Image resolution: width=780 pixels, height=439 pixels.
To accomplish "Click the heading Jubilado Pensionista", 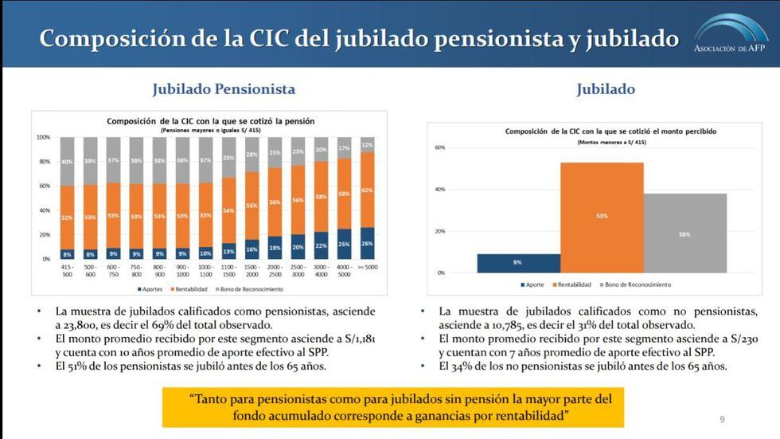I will pos(224,89).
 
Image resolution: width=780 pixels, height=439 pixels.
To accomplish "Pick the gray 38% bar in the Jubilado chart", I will pos(684,233).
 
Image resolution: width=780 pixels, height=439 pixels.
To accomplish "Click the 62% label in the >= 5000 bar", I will pos(367,190).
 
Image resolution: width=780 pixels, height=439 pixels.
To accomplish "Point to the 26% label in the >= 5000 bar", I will pos(367,244).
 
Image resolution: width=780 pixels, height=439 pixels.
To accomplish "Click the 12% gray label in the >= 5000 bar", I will pos(367,145).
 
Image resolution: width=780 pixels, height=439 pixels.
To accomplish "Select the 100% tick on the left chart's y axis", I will pos(43,137).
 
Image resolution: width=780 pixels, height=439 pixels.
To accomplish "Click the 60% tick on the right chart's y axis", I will pos(439,148).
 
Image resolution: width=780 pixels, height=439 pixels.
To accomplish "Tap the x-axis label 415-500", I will pos(68,272).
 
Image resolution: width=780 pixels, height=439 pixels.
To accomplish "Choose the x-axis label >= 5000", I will pos(367,268).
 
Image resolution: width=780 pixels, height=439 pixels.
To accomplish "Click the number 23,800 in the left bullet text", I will pos(78,325).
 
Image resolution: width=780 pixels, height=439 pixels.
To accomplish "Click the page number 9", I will pos(722,419).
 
